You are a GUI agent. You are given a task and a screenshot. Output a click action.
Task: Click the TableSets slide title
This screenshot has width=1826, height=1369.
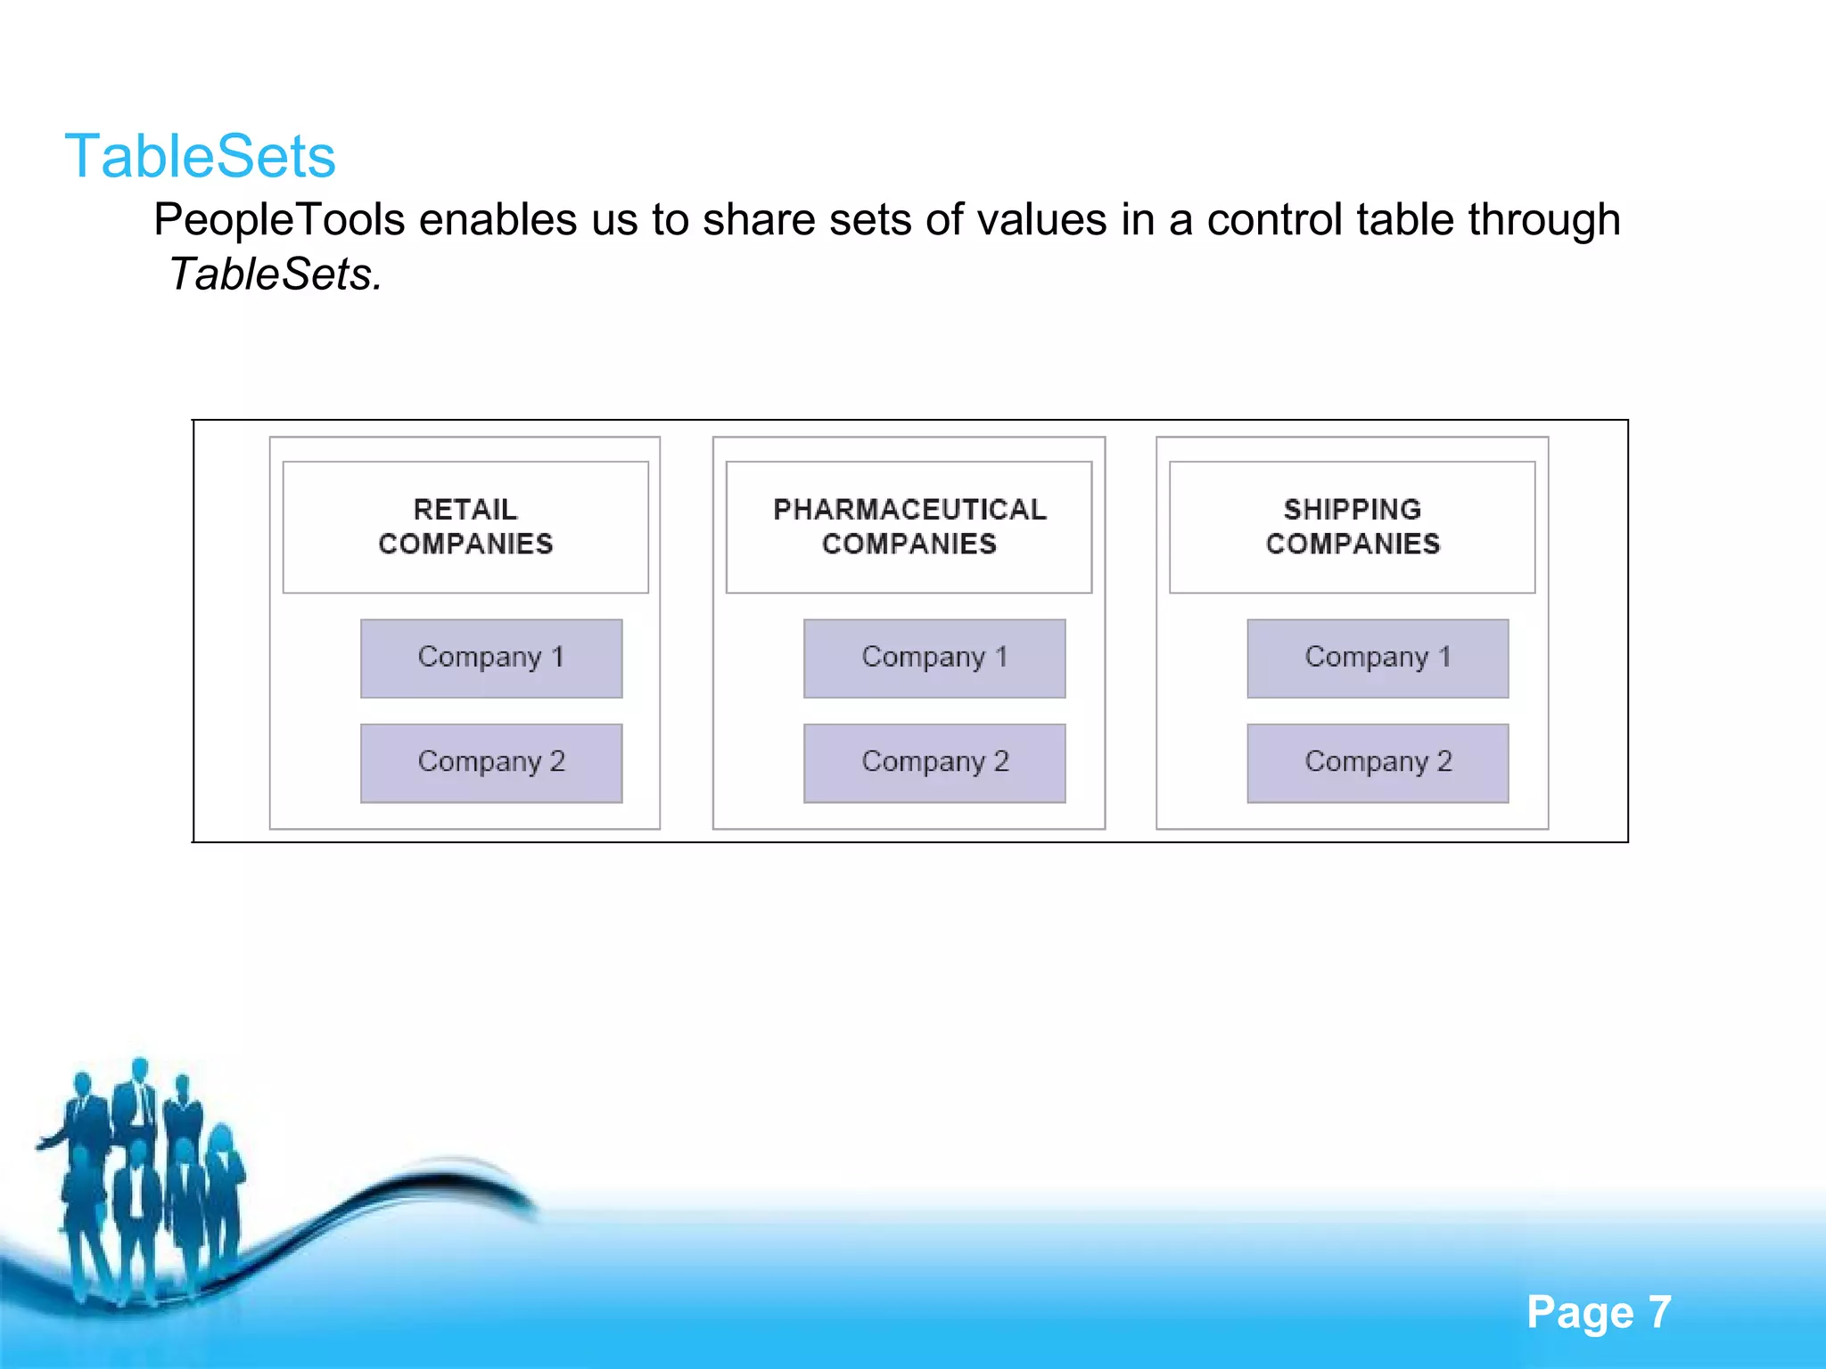[x=200, y=157]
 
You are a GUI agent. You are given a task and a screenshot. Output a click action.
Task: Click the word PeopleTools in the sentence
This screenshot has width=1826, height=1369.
[x=279, y=220]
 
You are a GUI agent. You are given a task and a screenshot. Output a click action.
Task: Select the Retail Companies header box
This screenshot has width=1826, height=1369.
[x=465, y=527]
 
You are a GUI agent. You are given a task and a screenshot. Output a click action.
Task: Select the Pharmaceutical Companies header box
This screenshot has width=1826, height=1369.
[x=909, y=527]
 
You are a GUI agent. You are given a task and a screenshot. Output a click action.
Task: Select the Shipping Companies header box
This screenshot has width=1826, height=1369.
[x=1352, y=527]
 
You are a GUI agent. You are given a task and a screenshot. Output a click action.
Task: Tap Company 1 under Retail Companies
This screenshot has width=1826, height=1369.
[x=491, y=658]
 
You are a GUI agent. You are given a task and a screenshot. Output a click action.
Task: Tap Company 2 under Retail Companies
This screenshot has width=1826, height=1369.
[x=491, y=763]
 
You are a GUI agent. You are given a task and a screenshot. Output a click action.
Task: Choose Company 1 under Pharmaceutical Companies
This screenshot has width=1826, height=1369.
[x=934, y=658]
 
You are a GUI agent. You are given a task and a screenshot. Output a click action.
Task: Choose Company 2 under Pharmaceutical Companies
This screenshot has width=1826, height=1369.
[x=934, y=763]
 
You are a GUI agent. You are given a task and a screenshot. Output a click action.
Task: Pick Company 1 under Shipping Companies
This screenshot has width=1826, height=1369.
[x=1378, y=658]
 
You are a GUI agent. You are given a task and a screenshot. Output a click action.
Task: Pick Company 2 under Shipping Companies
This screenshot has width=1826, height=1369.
[x=1378, y=763]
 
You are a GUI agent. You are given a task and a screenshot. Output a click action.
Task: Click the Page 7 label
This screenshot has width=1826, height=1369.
[x=1599, y=1312]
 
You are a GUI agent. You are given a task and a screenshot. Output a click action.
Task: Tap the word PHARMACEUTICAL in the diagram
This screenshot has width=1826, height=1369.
[x=909, y=510]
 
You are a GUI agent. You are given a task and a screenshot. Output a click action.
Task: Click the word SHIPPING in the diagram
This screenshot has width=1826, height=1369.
[x=1353, y=510]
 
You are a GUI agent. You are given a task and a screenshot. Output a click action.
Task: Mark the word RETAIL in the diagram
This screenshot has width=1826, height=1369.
[x=465, y=510]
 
